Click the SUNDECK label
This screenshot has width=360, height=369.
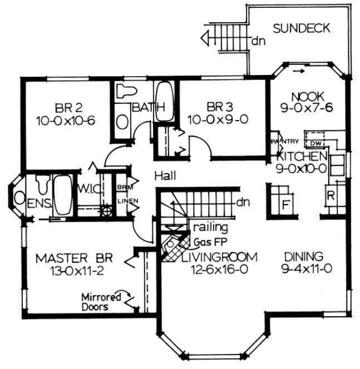point(302,27)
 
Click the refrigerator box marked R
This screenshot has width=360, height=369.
point(329,196)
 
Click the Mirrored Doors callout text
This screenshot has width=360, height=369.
point(101,302)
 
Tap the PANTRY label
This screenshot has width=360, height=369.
point(285,141)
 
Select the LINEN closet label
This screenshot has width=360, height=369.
point(127,201)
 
